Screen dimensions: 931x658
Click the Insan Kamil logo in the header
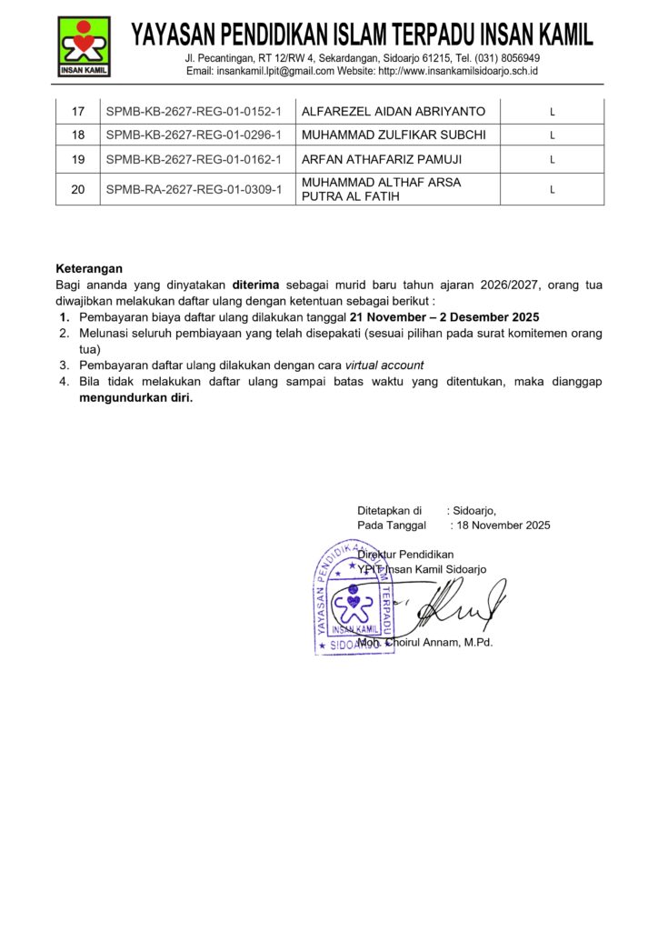tap(84, 45)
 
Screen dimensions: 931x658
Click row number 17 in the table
tap(78, 112)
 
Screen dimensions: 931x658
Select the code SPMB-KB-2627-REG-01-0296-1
tap(194, 135)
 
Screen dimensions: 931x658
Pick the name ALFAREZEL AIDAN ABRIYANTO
tap(394, 112)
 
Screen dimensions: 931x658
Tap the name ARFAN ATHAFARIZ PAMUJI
tap(381, 159)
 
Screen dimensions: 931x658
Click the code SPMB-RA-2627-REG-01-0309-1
tap(194, 189)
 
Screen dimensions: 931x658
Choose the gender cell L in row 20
tap(552, 190)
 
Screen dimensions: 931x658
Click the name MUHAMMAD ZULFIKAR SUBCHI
tap(394, 135)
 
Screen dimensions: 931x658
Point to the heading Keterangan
tap(89, 268)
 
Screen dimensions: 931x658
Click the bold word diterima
tap(255, 285)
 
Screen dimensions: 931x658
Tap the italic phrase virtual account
tap(384, 365)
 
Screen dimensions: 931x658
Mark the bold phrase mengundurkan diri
tap(136, 397)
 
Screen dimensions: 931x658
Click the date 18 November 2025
tap(502, 526)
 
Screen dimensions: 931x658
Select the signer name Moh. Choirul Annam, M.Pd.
tap(424, 643)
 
